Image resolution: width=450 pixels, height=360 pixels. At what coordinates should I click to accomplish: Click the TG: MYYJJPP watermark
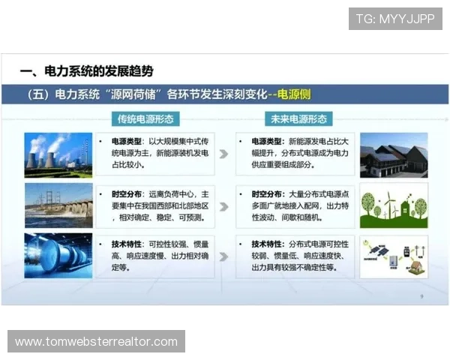pyautogui.click(x=394, y=18)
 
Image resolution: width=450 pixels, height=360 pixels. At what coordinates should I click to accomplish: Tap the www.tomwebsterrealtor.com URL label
pyautogui.click(x=96, y=342)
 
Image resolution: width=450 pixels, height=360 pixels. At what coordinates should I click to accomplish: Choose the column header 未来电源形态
pyautogui.click(x=298, y=119)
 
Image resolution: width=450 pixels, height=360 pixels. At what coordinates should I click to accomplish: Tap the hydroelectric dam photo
pyautogui.click(x=58, y=205)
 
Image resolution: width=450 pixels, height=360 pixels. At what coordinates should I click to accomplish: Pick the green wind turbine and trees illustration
pyautogui.click(x=394, y=205)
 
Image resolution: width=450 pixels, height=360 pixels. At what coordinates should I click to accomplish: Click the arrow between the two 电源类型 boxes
pyautogui.click(x=223, y=154)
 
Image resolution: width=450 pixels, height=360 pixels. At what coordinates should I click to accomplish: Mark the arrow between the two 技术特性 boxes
pyautogui.click(x=223, y=254)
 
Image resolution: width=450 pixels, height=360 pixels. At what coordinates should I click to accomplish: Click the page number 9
pyautogui.click(x=421, y=297)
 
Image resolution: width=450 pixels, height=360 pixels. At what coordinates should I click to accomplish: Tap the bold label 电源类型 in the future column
pyautogui.click(x=268, y=141)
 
